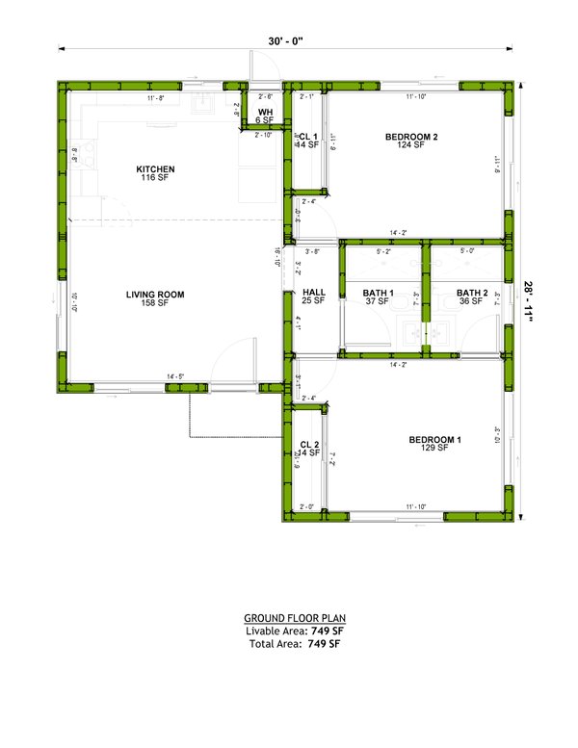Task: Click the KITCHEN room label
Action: [x=155, y=169]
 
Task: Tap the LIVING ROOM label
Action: [x=154, y=294]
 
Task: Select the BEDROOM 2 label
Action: [x=411, y=137]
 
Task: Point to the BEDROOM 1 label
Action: [x=434, y=440]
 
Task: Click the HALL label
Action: [x=314, y=292]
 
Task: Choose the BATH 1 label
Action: [x=379, y=293]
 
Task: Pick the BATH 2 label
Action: [x=472, y=293]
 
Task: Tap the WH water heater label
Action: [x=264, y=112]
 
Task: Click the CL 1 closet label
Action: [x=308, y=137]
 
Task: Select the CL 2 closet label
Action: [x=308, y=444]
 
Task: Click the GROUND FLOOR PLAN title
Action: [x=294, y=617]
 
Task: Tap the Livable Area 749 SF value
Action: [x=323, y=631]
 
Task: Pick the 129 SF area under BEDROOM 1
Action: [x=434, y=449]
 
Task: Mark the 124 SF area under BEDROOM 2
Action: [x=411, y=145]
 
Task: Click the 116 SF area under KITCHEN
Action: [x=155, y=178]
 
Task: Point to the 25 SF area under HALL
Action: [x=314, y=301]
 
